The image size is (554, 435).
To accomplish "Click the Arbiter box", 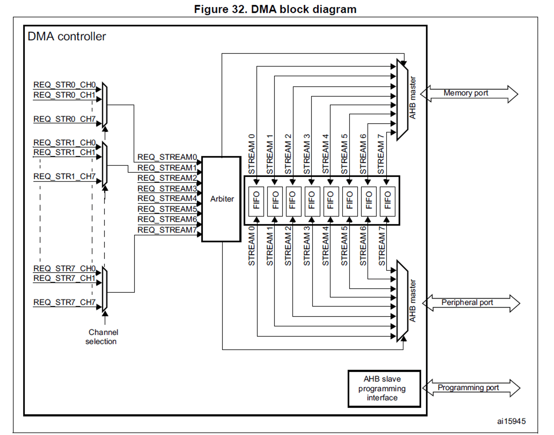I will [221, 199].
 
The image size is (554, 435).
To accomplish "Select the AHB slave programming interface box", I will [384, 388].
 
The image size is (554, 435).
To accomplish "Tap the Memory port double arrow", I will [469, 94].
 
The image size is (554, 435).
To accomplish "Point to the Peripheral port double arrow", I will [471, 303].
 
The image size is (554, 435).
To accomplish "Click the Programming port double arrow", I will [471, 388].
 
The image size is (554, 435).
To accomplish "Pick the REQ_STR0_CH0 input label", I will [65, 85].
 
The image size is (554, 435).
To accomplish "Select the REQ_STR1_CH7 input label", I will [65, 176].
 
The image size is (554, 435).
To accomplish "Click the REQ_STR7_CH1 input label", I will [65, 278].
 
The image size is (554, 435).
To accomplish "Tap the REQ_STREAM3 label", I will [167, 188].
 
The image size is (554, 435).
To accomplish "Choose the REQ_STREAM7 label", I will [167, 230].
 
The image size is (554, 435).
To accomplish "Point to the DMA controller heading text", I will [67, 37].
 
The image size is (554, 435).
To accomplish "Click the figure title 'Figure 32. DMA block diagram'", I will [275, 9].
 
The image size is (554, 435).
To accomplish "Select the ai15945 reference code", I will [511, 421].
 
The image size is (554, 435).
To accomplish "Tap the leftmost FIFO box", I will [256, 201].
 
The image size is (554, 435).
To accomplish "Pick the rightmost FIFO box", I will [387, 201].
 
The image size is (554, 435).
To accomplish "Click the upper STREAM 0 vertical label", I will [252, 154].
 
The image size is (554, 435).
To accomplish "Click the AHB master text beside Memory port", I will [412, 97].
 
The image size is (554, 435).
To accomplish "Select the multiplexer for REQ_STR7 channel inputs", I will [105, 289].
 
